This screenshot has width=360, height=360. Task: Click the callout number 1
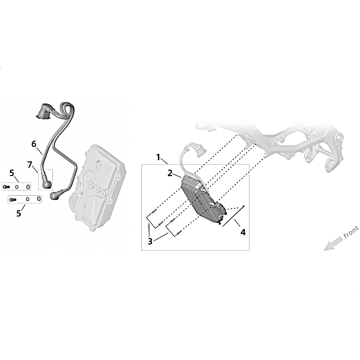tap(158, 157)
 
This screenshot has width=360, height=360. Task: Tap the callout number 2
tap(170, 173)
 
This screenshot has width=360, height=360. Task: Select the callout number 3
tap(150, 241)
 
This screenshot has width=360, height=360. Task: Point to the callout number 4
tap(243, 232)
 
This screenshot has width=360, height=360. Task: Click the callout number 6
tap(34, 144)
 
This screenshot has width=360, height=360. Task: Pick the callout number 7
tap(29, 165)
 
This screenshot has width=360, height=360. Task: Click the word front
tap(351, 232)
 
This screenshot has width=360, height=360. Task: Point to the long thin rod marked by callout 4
tap(233, 216)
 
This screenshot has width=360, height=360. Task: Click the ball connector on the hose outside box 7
tap(54, 195)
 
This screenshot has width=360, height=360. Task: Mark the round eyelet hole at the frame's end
tap(338, 138)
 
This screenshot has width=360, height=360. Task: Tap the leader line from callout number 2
tap(177, 176)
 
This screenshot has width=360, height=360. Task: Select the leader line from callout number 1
tap(164, 161)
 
